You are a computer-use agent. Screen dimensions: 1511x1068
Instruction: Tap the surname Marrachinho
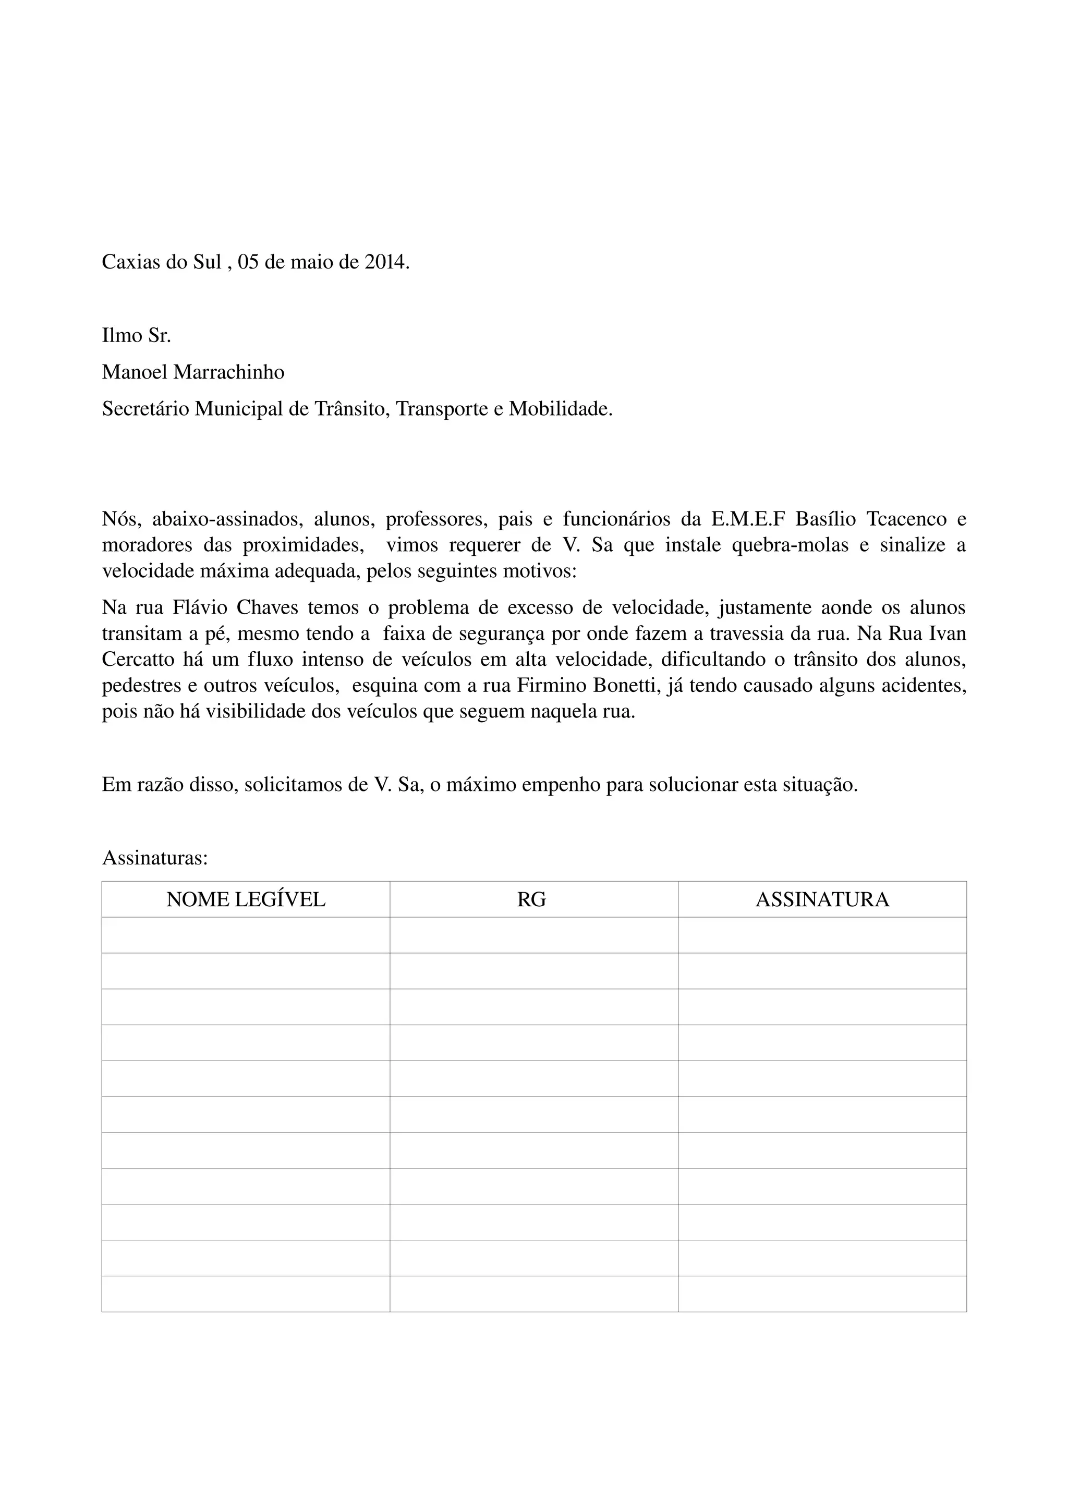click(229, 372)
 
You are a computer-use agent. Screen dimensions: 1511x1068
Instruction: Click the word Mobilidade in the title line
click(560, 409)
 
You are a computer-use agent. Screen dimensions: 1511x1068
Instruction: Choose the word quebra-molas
click(790, 544)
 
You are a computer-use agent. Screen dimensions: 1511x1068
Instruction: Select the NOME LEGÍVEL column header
click(246, 899)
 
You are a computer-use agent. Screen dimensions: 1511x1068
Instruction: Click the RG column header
click(532, 899)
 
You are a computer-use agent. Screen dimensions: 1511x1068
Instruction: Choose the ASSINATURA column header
click(822, 899)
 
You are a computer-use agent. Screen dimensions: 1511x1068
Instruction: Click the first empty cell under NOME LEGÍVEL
click(246, 935)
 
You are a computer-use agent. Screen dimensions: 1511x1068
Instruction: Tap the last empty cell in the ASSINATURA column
click(822, 1294)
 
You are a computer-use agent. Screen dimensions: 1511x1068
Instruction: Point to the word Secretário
click(145, 409)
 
